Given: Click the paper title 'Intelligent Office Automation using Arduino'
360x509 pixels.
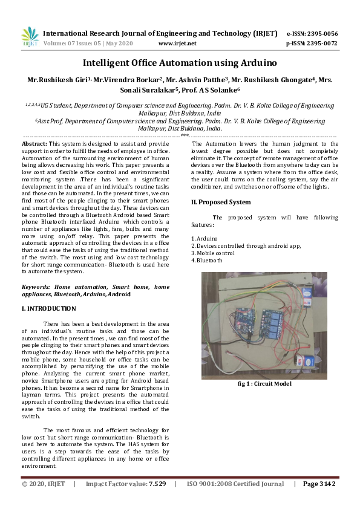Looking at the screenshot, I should pyautogui.click(x=180, y=63).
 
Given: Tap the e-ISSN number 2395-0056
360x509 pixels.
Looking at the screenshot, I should pyautogui.click(x=321, y=33).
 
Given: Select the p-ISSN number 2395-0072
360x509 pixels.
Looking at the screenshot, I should pyautogui.click(x=321, y=44).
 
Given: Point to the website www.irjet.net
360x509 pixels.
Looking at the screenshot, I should pyautogui.click(x=177, y=44).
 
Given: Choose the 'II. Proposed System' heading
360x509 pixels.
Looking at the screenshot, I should pyautogui.click(x=221, y=202).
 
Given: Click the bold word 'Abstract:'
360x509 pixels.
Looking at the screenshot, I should pyautogui.click(x=34, y=144).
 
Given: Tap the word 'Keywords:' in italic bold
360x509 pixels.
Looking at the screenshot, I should pyautogui.click(x=36, y=286).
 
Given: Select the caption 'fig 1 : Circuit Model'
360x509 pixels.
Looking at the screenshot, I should pyautogui.click(x=264, y=383).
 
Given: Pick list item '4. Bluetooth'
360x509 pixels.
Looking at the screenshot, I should pyautogui.click(x=207, y=261).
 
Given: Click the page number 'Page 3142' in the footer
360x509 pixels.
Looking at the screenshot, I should pyautogui.click(x=319, y=484).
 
